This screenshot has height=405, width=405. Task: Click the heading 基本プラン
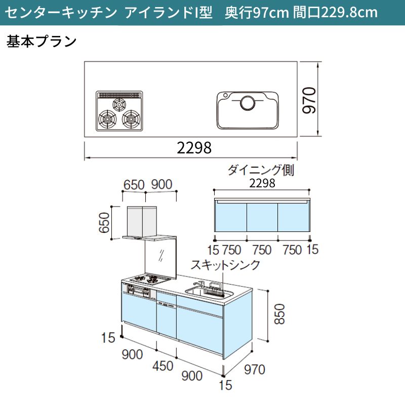pyautogui.click(x=42, y=42)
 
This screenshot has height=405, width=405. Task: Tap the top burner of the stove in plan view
pyautogui.click(x=119, y=104)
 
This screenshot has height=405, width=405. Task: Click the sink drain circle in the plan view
pyautogui.click(x=248, y=103)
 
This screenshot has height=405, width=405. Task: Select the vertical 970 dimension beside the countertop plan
pyautogui.click(x=309, y=100)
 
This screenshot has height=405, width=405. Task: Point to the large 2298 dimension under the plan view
pyautogui.click(x=194, y=148)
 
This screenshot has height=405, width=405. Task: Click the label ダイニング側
pyautogui.click(x=260, y=170)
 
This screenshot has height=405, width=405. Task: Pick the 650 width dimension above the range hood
pyautogui.click(x=134, y=185)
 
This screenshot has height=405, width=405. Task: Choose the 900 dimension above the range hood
pyautogui.click(x=161, y=184)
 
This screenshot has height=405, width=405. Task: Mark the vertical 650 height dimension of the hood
pyautogui.click(x=105, y=222)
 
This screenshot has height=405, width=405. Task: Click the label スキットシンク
pyautogui.click(x=225, y=265)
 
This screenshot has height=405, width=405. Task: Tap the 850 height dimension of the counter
pyautogui.click(x=279, y=314)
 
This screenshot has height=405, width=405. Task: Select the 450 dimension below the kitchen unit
pyautogui.click(x=163, y=366)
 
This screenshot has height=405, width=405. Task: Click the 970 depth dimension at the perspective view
pyautogui.click(x=255, y=370)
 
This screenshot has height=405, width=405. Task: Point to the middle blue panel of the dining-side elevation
pyautogui.click(x=262, y=217)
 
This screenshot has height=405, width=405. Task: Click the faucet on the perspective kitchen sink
pyautogui.click(x=198, y=285)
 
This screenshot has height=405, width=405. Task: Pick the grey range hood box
pyautogui.click(x=142, y=221)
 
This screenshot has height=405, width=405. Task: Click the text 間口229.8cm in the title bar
pyautogui.click(x=335, y=12)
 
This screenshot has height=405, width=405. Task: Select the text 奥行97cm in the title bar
pyautogui.click(x=257, y=12)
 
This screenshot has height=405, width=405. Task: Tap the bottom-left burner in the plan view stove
pyautogui.click(x=107, y=119)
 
